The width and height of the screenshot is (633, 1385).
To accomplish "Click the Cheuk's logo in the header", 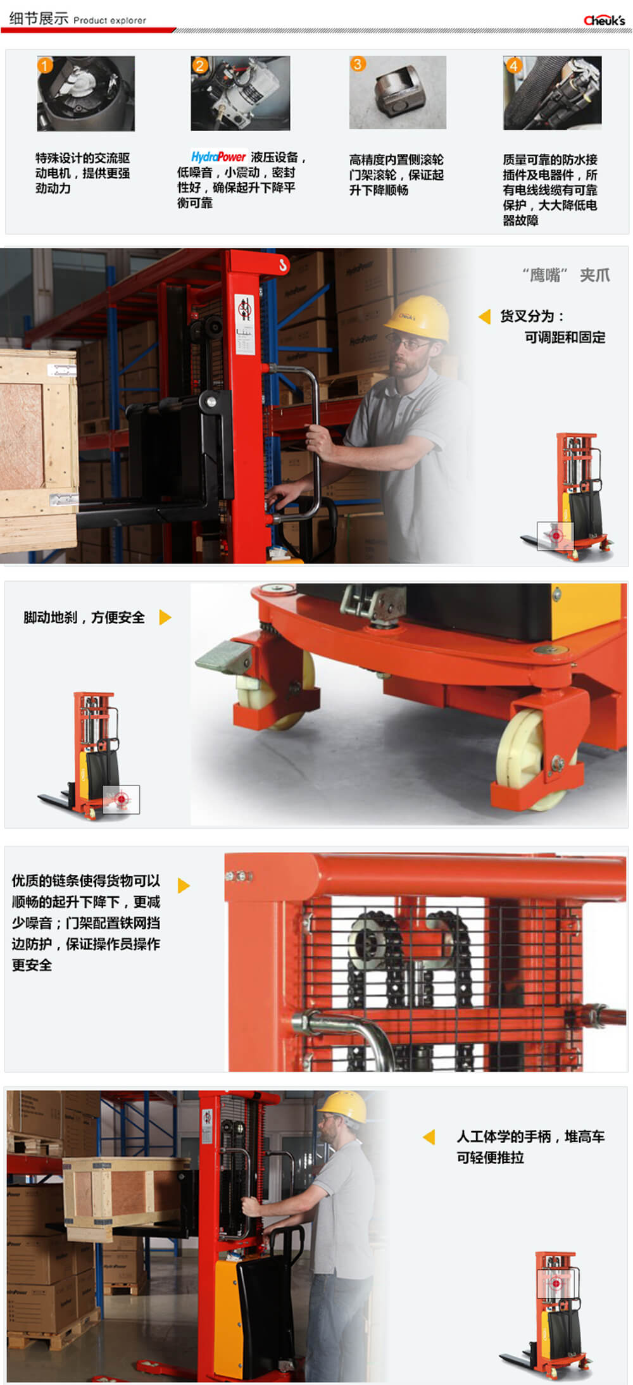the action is pos(604,20).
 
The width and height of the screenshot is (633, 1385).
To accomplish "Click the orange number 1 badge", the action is pos(45,65).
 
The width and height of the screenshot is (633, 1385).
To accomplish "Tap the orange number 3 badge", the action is pos(358,64).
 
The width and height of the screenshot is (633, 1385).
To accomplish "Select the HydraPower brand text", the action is pos(218,156).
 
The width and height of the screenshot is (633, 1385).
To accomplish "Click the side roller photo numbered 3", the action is pos(398,92).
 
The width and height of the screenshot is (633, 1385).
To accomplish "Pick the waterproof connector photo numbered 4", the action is pos(553,92).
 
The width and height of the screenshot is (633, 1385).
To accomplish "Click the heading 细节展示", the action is pos(39,18).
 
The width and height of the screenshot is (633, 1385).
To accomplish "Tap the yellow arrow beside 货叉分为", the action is pos(485,316).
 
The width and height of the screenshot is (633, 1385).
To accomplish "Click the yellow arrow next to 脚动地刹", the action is pos(165,617).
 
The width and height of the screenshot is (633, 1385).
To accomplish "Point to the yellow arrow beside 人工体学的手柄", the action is pos(429,1137).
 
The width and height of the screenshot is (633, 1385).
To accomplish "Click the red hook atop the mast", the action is pos(283,264).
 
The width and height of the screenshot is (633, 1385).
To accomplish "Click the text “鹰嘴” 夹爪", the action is pos(567,275).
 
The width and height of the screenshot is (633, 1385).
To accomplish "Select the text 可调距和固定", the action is pos(565,337).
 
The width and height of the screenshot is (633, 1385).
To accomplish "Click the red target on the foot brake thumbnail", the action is pos(121,799).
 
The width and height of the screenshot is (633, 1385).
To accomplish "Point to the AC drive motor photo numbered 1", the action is pos(86,93).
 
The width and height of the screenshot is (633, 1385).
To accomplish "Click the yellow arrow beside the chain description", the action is pos(184,886).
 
